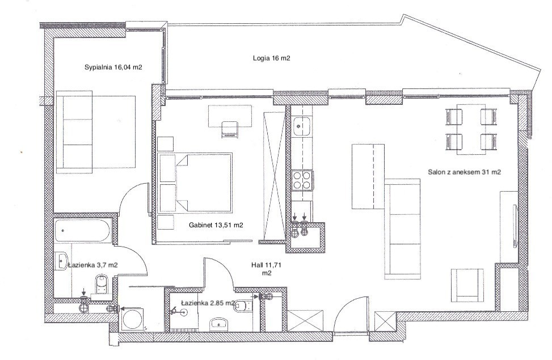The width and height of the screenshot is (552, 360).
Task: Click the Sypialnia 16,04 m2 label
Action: click(113, 67)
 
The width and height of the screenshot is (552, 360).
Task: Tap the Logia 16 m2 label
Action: click(271, 58)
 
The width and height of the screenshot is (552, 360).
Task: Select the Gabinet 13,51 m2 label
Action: click(216, 225)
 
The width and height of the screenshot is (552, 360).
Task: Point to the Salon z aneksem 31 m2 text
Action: click(464, 172)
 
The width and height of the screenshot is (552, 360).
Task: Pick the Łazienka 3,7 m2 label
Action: click(93, 265)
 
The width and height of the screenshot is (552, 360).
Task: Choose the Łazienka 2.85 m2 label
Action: click(208, 303)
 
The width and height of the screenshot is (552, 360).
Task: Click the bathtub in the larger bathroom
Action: click(83, 231)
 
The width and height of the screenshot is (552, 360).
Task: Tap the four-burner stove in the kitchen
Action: click(302, 180)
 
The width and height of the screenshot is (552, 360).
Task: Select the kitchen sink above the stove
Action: click(301, 126)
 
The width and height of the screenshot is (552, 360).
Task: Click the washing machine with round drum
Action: click(132, 320)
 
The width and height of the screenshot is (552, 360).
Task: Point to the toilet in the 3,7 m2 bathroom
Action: click(102, 284)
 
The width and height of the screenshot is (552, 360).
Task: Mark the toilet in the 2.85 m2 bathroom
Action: click(245, 305)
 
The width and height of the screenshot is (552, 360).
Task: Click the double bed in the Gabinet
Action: click(195, 183)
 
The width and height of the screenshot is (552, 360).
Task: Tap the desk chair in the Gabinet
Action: click(230, 129)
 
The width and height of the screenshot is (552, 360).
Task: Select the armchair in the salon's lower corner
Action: click(467, 285)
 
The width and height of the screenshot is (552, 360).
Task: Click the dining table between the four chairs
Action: click(471, 129)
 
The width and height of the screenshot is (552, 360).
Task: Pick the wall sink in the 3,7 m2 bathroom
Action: click(61, 261)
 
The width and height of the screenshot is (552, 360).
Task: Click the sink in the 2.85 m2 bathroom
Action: click(220, 324)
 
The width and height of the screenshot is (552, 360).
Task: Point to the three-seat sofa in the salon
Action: click(403, 229)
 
